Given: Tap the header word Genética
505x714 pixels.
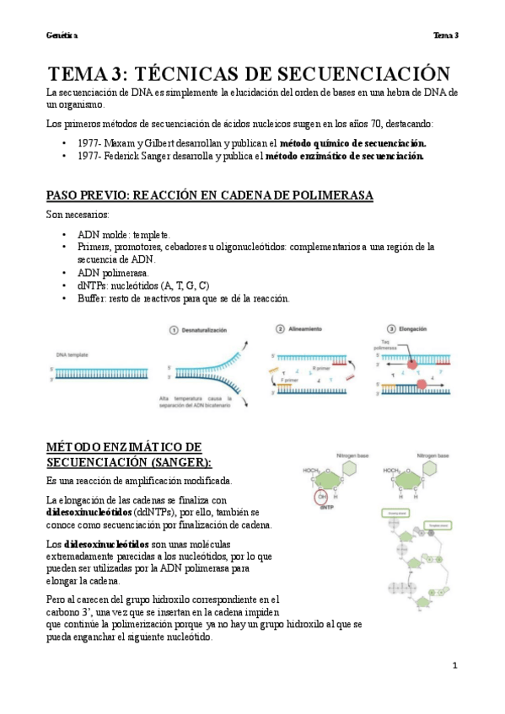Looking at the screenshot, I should click(x=62, y=35).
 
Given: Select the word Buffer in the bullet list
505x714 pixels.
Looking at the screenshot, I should click(x=91, y=298).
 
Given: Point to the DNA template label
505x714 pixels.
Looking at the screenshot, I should click(x=73, y=356).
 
